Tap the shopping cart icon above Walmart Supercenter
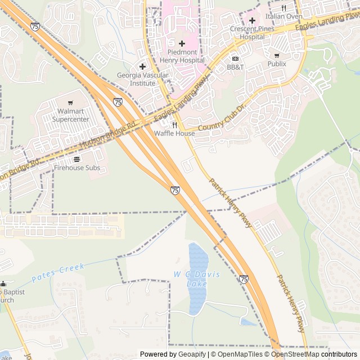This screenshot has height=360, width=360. tap(70, 103)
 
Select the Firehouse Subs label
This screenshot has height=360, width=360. tap(76, 168)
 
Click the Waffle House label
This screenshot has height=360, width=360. tap(175, 134)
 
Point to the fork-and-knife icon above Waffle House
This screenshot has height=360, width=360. tap(175, 125)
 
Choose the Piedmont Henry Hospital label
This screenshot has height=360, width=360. tap(181, 56)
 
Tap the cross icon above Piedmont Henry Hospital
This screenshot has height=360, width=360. tap(181, 43)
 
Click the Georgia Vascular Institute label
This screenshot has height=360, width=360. tap(136, 79)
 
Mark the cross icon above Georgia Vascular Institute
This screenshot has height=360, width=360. tap(142, 66)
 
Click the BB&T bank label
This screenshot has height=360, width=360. tap(235, 67)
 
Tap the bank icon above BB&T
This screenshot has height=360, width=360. tap(235, 58)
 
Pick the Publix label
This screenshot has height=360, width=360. tap(276, 64)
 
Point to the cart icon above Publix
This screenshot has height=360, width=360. tap(276, 55)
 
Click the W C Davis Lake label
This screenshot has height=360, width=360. tap(197, 278)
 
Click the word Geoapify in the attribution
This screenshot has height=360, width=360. tap(191, 354)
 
